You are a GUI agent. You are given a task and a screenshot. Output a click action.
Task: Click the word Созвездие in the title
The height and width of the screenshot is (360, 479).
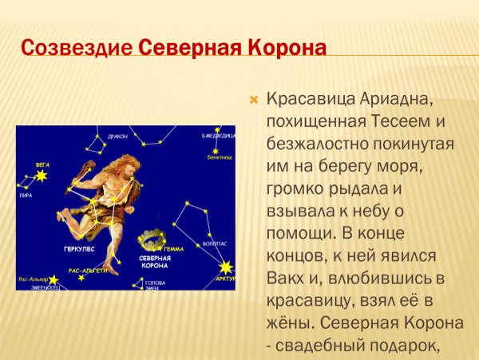77,47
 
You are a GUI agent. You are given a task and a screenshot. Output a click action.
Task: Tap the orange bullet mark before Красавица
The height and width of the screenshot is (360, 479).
255,101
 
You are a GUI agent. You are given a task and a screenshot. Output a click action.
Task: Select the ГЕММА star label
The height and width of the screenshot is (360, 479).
174,249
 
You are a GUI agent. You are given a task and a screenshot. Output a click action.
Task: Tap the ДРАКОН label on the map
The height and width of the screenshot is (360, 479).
117,136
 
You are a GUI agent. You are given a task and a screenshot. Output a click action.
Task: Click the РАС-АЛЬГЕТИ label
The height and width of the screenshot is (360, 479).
87,271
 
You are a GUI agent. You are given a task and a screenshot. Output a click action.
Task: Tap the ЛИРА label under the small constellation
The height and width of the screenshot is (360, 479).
26,194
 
